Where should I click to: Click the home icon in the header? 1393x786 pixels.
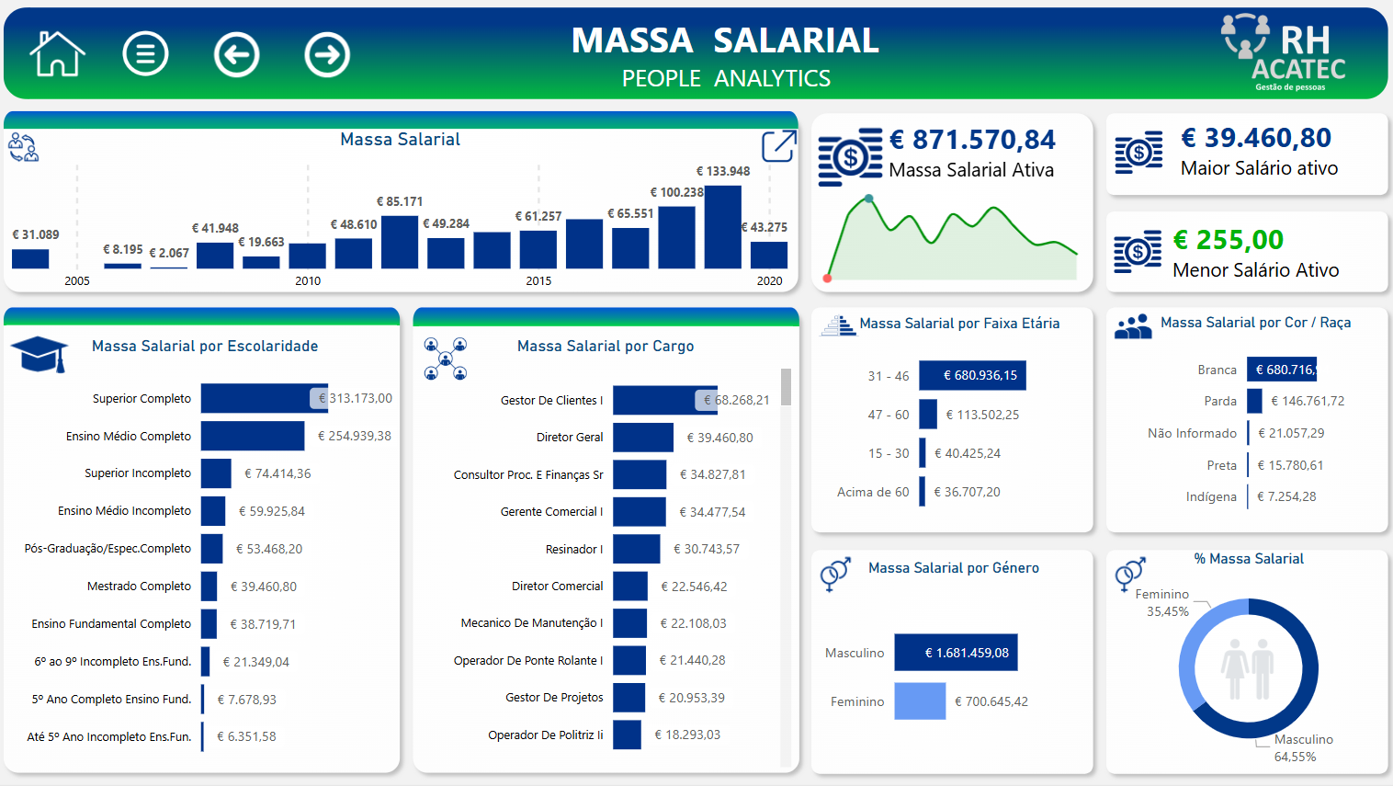57,54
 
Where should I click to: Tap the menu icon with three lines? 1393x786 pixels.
145,54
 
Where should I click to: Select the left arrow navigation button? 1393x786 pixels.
236,55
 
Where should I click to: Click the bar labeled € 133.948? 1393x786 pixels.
723,227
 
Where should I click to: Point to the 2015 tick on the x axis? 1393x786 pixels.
538,281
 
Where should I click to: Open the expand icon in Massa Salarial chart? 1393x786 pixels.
778,146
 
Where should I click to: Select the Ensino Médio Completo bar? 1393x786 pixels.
253,436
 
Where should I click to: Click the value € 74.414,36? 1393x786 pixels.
277,473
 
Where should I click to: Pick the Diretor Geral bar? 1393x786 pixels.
643,438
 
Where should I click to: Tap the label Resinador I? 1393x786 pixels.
574,549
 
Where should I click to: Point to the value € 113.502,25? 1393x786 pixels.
982,415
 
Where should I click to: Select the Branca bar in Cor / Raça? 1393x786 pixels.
1282,370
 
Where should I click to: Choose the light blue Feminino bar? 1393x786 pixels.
920,701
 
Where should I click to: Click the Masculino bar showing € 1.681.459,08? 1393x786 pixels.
956,653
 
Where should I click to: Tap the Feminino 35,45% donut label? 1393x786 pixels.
1165,603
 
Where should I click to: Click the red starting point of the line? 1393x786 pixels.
828,278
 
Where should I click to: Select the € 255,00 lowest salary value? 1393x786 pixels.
1229,240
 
